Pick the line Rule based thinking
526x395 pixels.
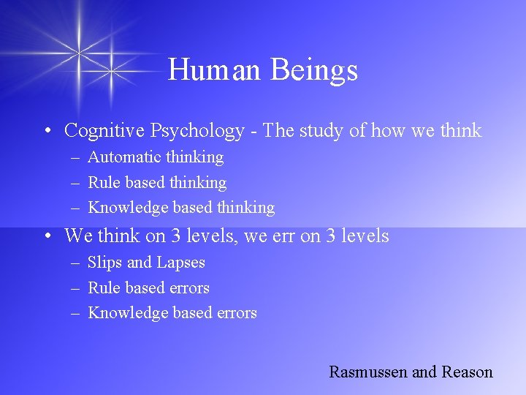click(157, 183)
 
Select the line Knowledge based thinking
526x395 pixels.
click(181, 208)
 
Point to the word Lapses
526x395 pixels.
click(179, 263)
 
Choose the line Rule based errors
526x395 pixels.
click(148, 288)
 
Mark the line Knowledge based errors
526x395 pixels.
click(172, 313)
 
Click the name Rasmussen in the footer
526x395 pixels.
click(368, 372)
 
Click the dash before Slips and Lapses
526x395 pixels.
click(75, 263)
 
